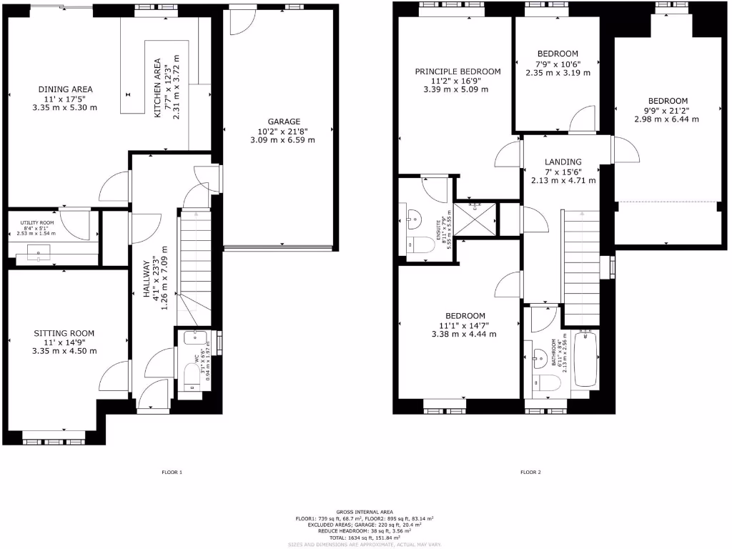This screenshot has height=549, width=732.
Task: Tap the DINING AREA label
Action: pyautogui.click(x=65, y=89)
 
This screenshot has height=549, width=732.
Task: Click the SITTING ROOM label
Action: pyautogui.click(x=64, y=333)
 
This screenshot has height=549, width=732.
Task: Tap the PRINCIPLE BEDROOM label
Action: pyautogui.click(x=458, y=71)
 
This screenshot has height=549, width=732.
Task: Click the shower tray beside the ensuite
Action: pyautogui.click(x=476, y=218)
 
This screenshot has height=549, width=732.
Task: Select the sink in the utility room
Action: pyautogui.click(x=39, y=252)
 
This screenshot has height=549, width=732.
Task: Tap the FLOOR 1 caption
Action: pyautogui.click(x=172, y=473)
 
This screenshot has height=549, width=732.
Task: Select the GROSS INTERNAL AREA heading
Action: pyautogui.click(x=365, y=512)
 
